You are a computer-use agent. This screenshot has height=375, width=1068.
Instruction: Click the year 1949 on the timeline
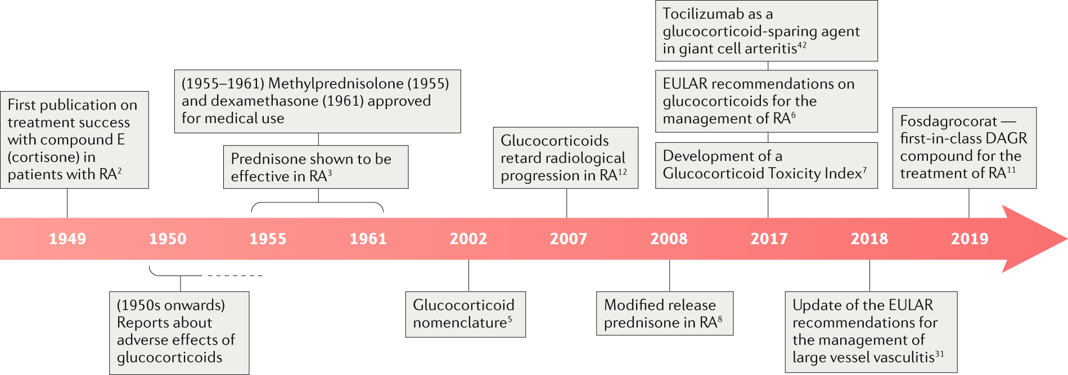pyautogui.click(x=67, y=239)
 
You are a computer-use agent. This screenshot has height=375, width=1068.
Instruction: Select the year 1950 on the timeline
pyautogui.click(x=168, y=239)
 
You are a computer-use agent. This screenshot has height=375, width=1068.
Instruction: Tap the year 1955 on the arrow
pyautogui.click(x=268, y=239)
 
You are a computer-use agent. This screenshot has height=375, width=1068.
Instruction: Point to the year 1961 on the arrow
pyautogui.click(x=368, y=239)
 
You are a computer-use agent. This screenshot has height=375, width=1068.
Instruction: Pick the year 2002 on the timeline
pyautogui.click(x=468, y=239)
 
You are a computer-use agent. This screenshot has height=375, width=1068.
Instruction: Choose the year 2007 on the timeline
pyautogui.click(x=569, y=239)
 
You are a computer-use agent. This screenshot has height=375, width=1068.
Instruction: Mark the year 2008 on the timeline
pyautogui.click(x=669, y=239)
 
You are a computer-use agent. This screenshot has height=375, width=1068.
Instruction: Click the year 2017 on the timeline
pyautogui.click(x=769, y=239)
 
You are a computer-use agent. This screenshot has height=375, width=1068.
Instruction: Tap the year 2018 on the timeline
pyautogui.click(x=869, y=239)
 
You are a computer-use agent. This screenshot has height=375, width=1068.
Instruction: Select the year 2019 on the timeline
pyautogui.click(x=970, y=239)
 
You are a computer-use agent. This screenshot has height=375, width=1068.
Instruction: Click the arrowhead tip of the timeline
pyautogui.click(x=1067, y=239)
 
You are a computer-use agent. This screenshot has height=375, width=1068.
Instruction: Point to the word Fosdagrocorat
pyautogui.click(x=949, y=121)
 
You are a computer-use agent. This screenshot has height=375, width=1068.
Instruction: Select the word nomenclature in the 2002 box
pyautogui.click(x=460, y=323)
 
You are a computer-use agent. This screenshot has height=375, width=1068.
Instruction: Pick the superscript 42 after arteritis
pyautogui.click(x=802, y=45)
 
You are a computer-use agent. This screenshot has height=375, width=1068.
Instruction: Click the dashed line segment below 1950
pyautogui.click(x=235, y=275)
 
